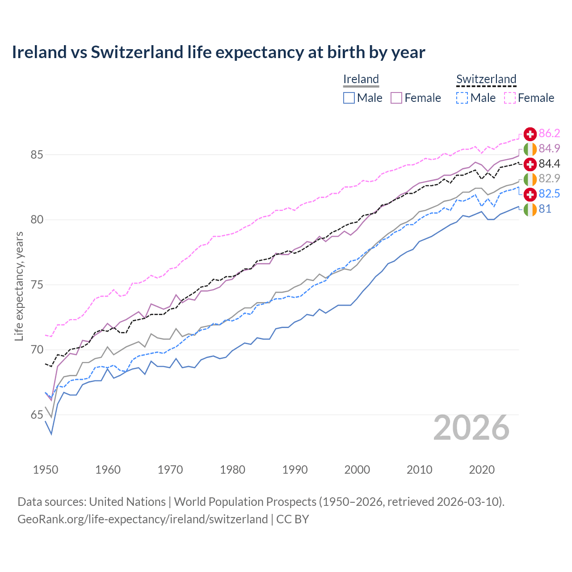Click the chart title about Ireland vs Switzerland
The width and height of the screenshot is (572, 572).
click(218, 52)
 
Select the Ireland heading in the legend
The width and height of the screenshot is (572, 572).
click(361, 79)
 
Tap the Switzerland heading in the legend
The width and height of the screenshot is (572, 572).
click(486, 79)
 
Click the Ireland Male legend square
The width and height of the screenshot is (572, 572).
click(349, 98)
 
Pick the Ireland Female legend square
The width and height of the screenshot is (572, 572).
click(396, 98)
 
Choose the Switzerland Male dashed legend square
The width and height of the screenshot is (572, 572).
click(462, 98)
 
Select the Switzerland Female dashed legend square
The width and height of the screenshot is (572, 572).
click(510, 98)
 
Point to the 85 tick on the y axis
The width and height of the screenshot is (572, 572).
click(37, 155)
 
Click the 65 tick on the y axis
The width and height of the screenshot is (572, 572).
click(37, 415)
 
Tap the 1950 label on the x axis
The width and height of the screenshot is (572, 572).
click(46, 470)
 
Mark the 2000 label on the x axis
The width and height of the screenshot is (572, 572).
click(357, 470)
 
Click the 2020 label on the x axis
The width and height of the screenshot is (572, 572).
click(482, 470)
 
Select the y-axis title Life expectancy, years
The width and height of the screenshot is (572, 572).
click(19, 286)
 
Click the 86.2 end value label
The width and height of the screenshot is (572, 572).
click(549, 133)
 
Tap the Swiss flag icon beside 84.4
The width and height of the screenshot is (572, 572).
click(530, 164)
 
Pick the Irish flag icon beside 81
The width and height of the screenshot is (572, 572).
click(530, 209)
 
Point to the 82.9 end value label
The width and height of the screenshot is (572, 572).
click(549, 179)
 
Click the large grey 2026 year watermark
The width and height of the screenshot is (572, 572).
click(471, 428)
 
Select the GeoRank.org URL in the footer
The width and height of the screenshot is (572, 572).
click(143, 519)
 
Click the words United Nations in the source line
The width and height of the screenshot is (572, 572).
click(127, 502)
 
